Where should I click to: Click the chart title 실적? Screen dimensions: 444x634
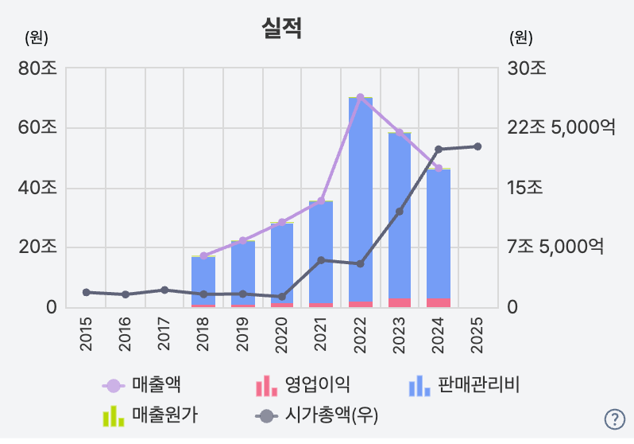coord(281,29)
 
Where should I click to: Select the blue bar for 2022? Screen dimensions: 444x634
coord(360,199)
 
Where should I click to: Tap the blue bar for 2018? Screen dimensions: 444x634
coord(203,281)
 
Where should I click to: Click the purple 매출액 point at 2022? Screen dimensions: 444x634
coord(360,97)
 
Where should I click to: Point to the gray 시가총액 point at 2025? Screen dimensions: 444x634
coord(477,146)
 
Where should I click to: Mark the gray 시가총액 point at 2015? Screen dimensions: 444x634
coord(86,292)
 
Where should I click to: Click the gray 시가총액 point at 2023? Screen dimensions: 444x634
coord(400,212)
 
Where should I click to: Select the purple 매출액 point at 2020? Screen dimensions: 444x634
coord(281,223)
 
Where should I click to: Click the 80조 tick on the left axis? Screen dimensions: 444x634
coord(37,68)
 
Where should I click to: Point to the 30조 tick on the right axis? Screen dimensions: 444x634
coord(528,68)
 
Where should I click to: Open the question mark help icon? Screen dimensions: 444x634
coord(614,419)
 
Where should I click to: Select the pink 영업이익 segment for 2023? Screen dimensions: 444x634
coord(400,302)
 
